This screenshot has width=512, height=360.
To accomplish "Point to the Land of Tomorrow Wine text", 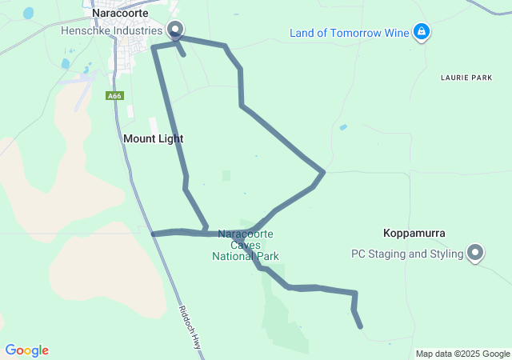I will [350, 33].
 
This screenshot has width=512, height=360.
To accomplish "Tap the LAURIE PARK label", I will [466, 78].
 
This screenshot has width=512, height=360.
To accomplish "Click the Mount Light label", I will [153, 138].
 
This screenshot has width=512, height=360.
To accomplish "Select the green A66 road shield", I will [114, 96].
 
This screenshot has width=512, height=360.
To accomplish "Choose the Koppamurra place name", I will [414, 233].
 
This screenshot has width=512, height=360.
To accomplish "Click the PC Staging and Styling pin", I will [476, 253].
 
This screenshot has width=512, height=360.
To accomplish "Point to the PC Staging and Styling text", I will [407, 254].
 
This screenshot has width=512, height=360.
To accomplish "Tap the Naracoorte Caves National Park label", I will [245, 245].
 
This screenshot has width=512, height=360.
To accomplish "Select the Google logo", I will [26, 350].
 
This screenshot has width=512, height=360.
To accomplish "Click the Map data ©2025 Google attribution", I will [462, 354].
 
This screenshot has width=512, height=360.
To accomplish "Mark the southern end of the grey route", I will [361, 326].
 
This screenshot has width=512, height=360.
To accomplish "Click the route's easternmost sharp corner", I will [323, 171].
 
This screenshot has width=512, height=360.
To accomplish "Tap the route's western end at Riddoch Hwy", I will [153, 234].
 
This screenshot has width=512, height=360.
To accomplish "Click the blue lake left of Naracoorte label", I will [29, 14].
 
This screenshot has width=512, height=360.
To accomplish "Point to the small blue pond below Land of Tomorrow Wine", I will [343, 127].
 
